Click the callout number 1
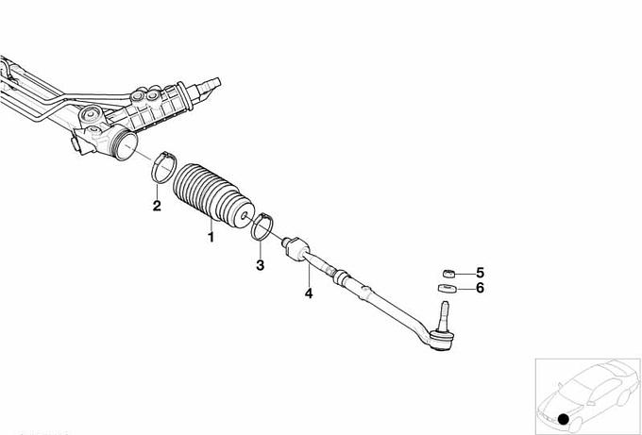(x=211, y=237)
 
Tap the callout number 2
(x=157, y=206)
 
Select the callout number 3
(x=260, y=265)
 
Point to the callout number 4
(x=309, y=293)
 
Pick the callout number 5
(x=480, y=273)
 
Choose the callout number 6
(x=480, y=288)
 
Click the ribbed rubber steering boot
(x=213, y=194)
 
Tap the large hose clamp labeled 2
(x=163, y=167)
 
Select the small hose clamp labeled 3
(x=262, y=226)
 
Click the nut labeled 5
(x=448, y=273)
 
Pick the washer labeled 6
(x=448, y=289)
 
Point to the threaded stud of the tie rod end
(x=444, y=313)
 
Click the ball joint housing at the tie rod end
(x=441, y=341)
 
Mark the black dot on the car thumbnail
(x=564, y=419)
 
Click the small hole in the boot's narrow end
(x=244, y=215)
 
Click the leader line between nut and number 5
(x=465, y=274)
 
